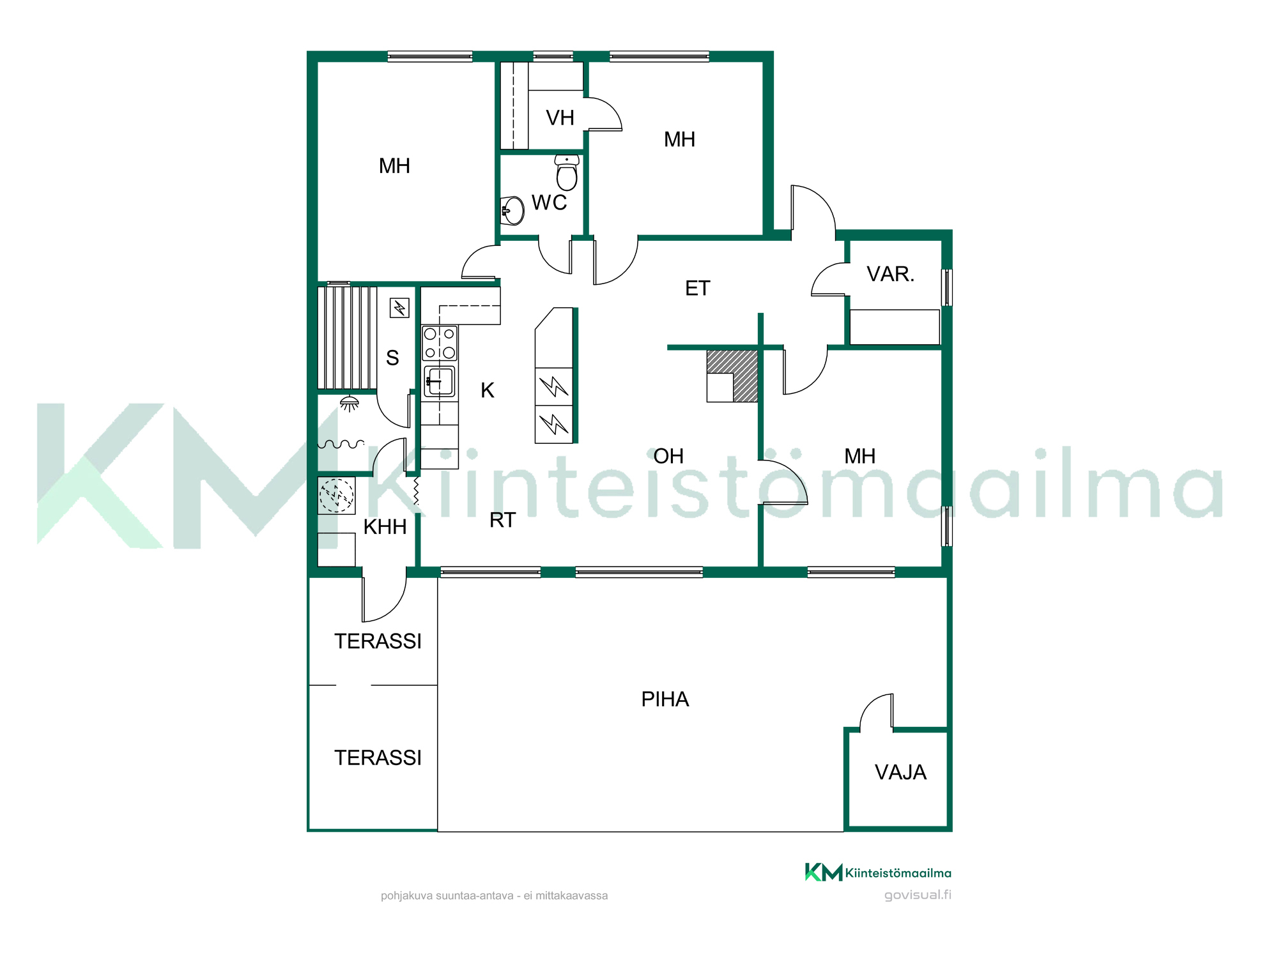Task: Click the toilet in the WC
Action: coord(567,172)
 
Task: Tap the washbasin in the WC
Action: coord(512,211)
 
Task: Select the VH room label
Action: coord(560,118)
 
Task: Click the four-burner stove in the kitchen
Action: coord(440,343)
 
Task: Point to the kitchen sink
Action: coord(440,382)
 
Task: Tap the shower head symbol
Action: coord(350,404)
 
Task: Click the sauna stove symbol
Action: coord(399,308)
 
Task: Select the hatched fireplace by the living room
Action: coord(732,376)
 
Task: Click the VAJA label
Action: coord(900,772)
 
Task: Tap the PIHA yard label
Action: coord(665,699)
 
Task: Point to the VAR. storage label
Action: coord(891,274)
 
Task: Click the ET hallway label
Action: coord(698,288)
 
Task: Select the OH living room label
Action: coord(668,456)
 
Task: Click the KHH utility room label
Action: coord(385,527)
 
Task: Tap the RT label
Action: coord(502,521)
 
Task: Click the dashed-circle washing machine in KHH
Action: coord(337,496)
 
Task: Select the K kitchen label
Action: coord(488,390)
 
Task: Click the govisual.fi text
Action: coord(918,895)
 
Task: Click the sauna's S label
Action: coord(392,358)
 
